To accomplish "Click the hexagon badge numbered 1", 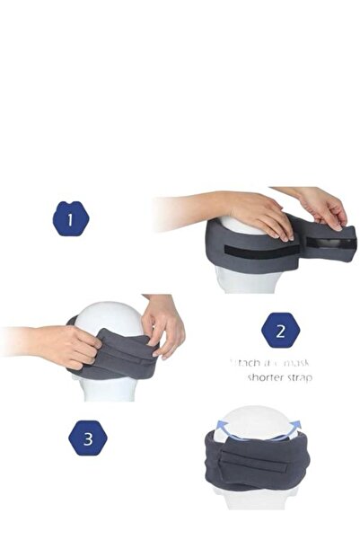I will point(71,218).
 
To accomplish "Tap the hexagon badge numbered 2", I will point(280,331).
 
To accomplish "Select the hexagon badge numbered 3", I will point(87,439).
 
